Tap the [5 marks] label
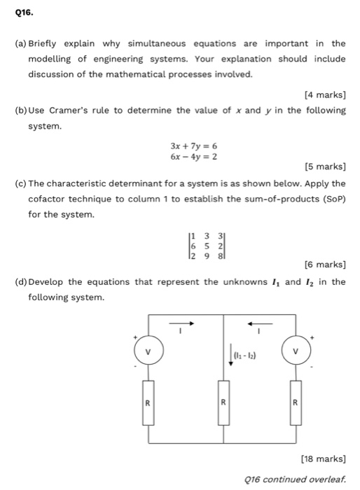coord(324,167)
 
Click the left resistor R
coord(148,402)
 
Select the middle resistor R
coord(223,402)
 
